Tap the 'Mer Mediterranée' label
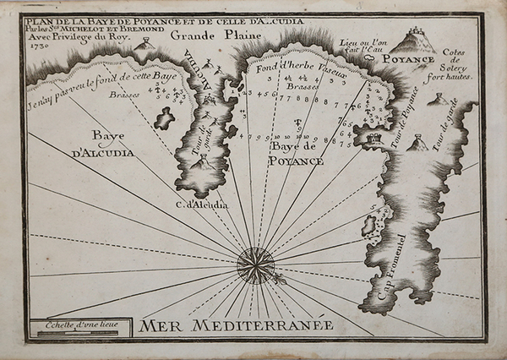coord(237,325)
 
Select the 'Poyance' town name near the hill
coord(407,59)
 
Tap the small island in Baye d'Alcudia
coord(164,119)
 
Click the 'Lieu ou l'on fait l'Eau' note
coord(362,46)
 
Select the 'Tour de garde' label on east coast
coord(438,135)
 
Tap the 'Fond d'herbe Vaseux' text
coord(302,73)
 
